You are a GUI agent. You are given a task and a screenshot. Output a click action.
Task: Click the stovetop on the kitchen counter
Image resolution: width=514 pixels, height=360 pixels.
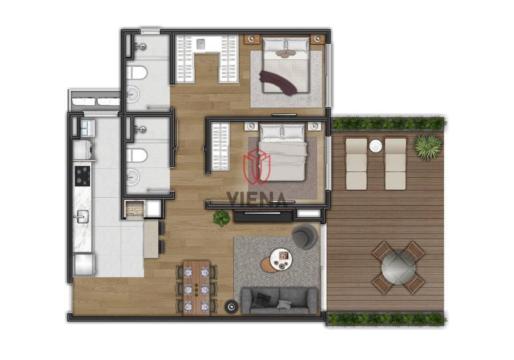point(82,176)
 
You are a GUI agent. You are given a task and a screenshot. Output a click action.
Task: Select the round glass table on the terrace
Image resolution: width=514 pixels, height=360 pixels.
point(398,267)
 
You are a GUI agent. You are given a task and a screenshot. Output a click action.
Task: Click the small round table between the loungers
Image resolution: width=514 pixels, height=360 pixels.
point(376,146)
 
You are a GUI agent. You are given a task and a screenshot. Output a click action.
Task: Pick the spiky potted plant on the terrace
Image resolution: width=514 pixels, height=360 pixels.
point(428,146)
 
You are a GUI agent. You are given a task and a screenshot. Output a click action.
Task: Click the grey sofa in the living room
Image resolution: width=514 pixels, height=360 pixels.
point(279,301)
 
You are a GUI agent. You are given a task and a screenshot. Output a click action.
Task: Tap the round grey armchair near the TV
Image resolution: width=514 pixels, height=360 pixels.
point(304,237)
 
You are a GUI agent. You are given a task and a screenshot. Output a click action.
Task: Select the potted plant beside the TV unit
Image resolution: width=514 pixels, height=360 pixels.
point(222,218)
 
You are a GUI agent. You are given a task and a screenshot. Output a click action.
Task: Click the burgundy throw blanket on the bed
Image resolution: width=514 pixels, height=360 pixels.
point(279,83)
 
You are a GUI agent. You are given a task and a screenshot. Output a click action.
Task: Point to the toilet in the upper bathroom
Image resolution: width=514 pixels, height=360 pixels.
point(136,73)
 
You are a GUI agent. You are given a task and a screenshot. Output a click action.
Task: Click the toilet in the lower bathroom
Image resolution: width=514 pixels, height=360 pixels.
point(136,155)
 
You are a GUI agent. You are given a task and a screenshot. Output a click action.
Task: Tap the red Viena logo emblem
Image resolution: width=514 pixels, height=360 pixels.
point(256,166)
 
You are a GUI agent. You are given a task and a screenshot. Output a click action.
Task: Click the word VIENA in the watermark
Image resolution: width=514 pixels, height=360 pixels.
point(256,199)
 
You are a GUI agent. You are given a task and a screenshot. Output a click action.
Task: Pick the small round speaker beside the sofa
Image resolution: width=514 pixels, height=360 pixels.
point(231,306)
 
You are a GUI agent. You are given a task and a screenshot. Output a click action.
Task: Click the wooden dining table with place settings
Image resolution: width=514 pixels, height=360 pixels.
point(196,287)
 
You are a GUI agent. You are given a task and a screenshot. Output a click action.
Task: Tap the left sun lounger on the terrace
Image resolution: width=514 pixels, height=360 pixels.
point(356,163)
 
